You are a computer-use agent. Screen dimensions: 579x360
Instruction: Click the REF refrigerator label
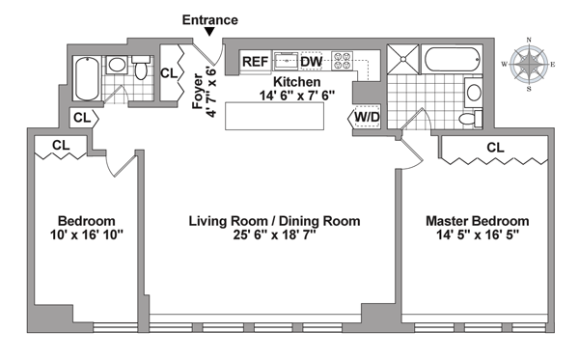[255, 62]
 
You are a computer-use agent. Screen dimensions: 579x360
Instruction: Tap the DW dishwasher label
[312, 62]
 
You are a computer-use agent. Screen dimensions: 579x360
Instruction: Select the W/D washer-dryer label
[367, 117]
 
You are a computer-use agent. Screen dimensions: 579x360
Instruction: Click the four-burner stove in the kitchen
[342, 61]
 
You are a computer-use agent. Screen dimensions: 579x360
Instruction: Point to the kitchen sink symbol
[286, 61]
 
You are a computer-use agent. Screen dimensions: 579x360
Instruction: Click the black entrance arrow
[209, 32]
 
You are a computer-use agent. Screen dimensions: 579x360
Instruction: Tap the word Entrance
[210, 19]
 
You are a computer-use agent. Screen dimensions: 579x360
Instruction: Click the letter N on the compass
[529, 40]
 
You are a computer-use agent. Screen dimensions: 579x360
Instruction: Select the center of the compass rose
[529, 65]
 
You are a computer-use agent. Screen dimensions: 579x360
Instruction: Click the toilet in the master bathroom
[471, 119]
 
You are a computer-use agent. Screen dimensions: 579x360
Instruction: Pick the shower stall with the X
[402, 59]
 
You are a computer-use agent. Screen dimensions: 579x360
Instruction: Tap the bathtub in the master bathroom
[453, 59]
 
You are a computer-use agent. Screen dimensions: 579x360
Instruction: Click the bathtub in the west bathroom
[87, 78]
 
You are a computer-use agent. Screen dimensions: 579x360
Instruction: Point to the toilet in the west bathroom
[141, 68]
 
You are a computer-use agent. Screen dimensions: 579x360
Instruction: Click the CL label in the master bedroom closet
[495, 148]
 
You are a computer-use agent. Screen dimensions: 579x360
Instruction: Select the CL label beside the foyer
[169, 73]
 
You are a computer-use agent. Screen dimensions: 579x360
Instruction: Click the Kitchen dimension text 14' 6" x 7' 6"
[297, 96]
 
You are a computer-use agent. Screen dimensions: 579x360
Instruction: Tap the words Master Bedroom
[478, 221]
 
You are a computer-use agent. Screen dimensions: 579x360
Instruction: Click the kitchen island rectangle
[274, 116]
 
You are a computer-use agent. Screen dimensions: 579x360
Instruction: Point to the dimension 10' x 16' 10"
[87, 235]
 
